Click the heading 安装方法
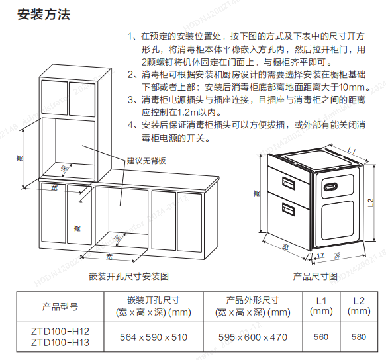[44, 15]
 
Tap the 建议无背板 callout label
[146, 161]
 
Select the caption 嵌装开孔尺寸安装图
[128, 277]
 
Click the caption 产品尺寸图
[315, 277]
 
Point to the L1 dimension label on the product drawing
[352, 150]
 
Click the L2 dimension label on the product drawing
[371, 202]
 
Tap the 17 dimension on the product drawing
[320, 256]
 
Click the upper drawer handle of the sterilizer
[288, 183]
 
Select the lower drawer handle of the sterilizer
[288, 209]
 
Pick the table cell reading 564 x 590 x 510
[154, 337]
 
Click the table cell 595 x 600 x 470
[253, 337]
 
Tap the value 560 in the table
[321, 337]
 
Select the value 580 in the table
[359, 337]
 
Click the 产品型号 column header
[60, 307]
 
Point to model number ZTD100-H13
[60, 343]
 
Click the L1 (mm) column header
[321, 306]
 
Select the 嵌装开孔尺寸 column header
[154, 300]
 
